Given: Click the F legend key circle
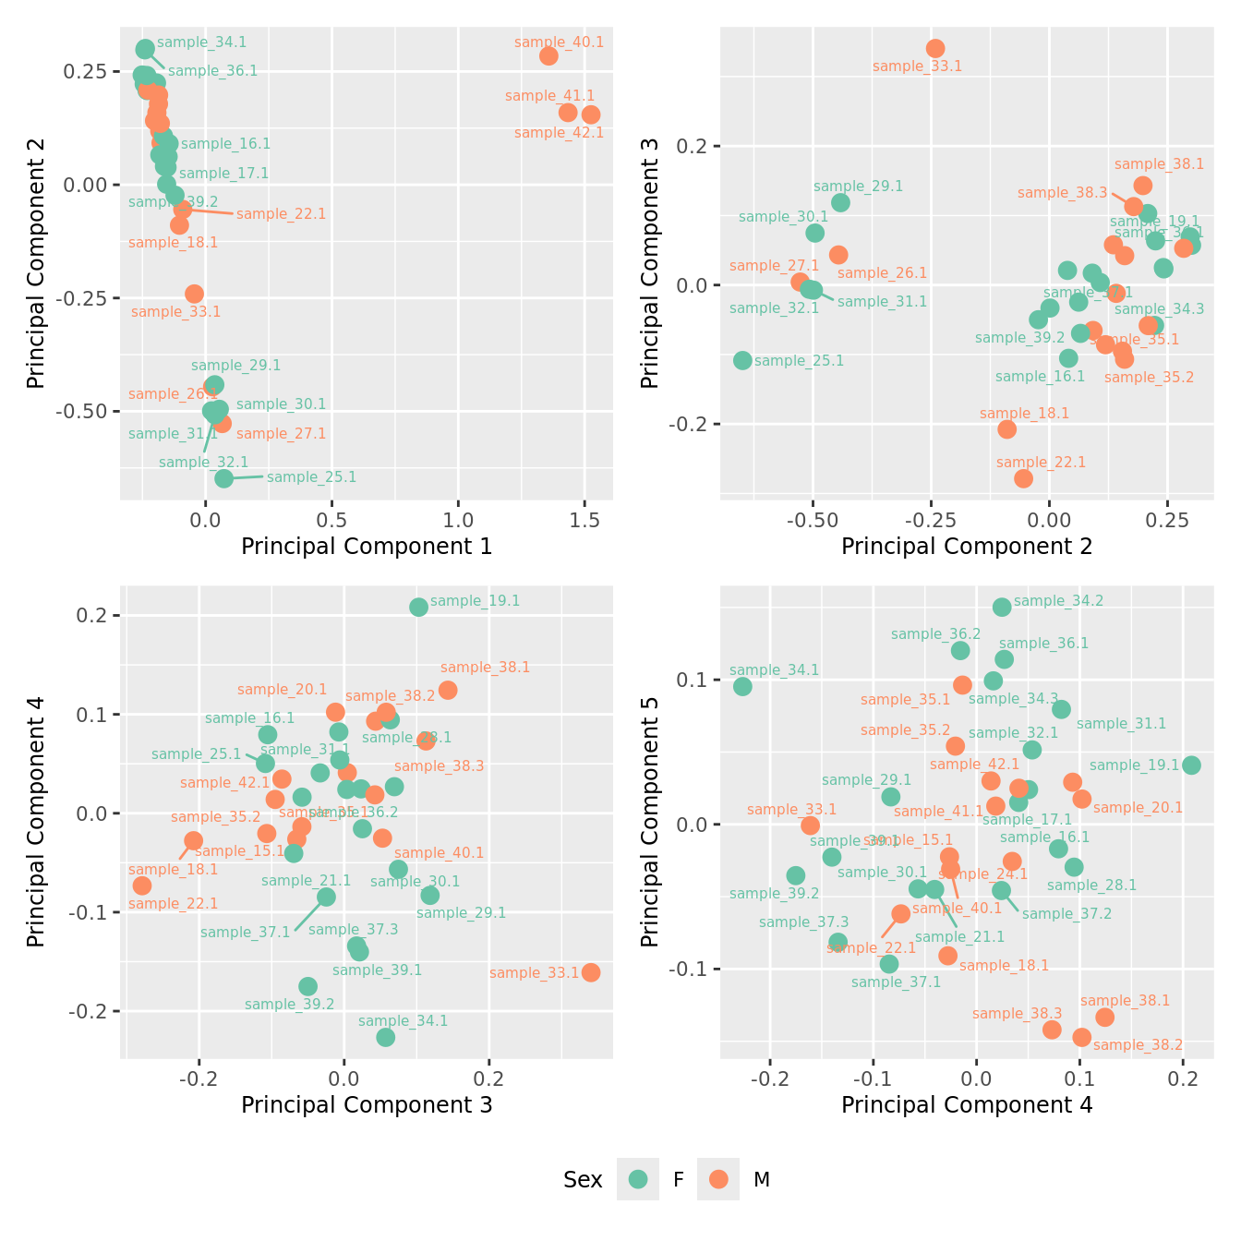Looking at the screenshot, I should [638, 1179].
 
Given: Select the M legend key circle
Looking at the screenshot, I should [718, 1179].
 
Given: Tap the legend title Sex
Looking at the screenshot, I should [583, 1180].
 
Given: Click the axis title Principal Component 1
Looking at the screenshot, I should [367, 547].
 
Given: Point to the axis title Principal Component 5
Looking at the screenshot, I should [650, 821].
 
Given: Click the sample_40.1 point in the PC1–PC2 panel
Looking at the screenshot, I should [548, 55].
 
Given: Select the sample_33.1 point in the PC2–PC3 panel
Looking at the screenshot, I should [935, 48].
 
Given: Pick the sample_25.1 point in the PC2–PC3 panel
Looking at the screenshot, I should [742, 360].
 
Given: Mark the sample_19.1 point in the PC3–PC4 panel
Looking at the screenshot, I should [418, 607].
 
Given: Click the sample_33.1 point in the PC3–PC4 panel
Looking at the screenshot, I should [591, 972].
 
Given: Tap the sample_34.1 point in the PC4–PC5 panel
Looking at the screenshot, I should [742, 686].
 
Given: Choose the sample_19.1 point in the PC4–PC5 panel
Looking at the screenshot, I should [1191, 765].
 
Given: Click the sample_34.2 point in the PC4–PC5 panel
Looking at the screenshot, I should [1002, 607].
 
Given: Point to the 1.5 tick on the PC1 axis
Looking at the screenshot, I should [584, 520].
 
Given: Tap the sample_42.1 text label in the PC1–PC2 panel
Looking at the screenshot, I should [559, 133].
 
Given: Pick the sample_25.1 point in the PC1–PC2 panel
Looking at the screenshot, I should [223, 478].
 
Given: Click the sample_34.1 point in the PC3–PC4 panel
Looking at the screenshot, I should [386, 1037].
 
